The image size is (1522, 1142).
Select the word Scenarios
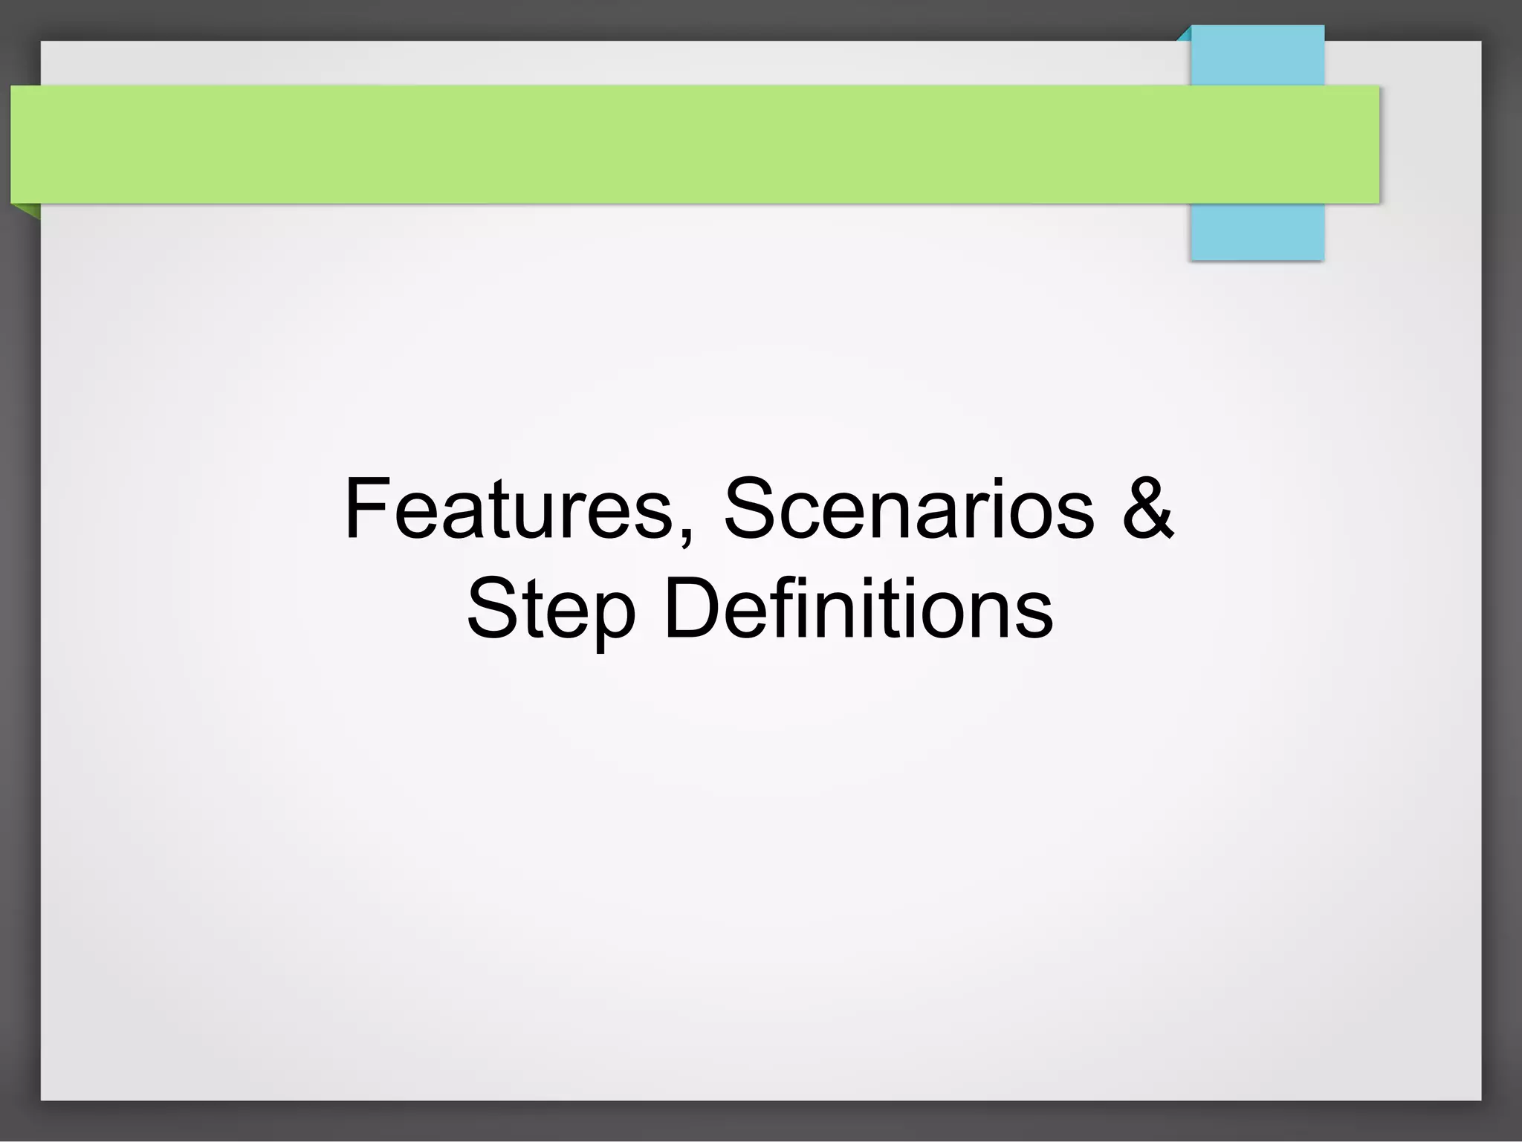coord(909,510)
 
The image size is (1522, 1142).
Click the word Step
coord(551,610)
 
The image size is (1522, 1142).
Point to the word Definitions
coord(858,609)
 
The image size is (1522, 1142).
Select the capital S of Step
coord(491,609)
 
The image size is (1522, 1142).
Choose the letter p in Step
coord(614,618)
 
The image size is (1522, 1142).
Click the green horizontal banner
coord(669,144)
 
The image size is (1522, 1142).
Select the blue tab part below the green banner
coord(1257,231)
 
